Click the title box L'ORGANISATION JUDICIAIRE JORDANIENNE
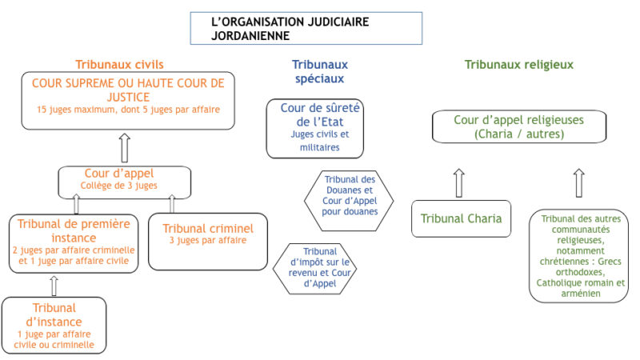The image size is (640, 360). (306, 28)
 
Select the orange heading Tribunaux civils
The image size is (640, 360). (119, 65)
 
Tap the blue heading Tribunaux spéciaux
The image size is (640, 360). (319, 71)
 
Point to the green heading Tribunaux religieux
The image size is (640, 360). (518, 65)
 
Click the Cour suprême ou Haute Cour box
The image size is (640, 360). (128, 101)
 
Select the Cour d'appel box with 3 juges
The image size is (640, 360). (125, 182)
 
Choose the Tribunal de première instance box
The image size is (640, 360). (74, 243)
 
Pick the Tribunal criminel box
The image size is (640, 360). (208, 242)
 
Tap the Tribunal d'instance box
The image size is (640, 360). (54, 326)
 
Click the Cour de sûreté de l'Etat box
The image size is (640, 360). (314, 129)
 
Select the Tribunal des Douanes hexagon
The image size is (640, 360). (349, 201)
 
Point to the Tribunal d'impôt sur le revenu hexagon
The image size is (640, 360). (314, 269)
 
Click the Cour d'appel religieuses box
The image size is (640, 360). (519, 126)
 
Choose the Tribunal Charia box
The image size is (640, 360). (462, 218)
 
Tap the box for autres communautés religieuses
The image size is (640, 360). (578, 256)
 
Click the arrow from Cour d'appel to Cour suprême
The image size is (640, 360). (125, 148)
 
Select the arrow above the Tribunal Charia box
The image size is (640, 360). (459, 183)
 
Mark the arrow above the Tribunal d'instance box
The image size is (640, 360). (54, 286)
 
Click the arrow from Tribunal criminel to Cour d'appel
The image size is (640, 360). (172, 204)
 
